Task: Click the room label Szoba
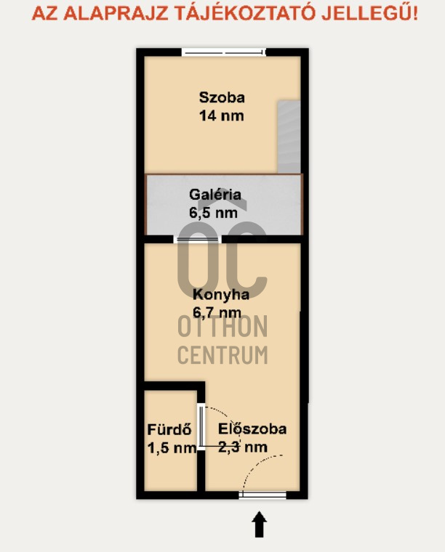pyautogui.click(x=222, y=97)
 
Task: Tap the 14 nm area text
pyautogui.click(x=221, y=115)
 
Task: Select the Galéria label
pyautogui.click(x=215, y=195)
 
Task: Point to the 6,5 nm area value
pyautogui.click(x=213, y=213)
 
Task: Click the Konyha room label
pyautogui.click(x=221, y=295)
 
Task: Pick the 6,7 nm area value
pyautogui.click(x=217, y=312)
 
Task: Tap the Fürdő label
pyautogui.click(x=169, y=429)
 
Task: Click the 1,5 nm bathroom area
pyautogui.click(x=172, y=448)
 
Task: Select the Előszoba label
pyautogui.click(x=252, y=429)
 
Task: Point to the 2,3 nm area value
pyautogui.click(x=243, y=447)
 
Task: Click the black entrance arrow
pyautogui.click(x=260, y=524)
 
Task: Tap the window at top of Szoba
pyautogui.click(x=224, y=53)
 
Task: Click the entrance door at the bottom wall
pyautogui.click(x=262, y=495)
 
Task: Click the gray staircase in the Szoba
pyautogui.click(x=289, y=137)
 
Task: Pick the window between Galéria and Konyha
pyautogui.click(x=197, y=240)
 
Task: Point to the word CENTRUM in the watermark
pyautogui.click(x=222, y=355)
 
